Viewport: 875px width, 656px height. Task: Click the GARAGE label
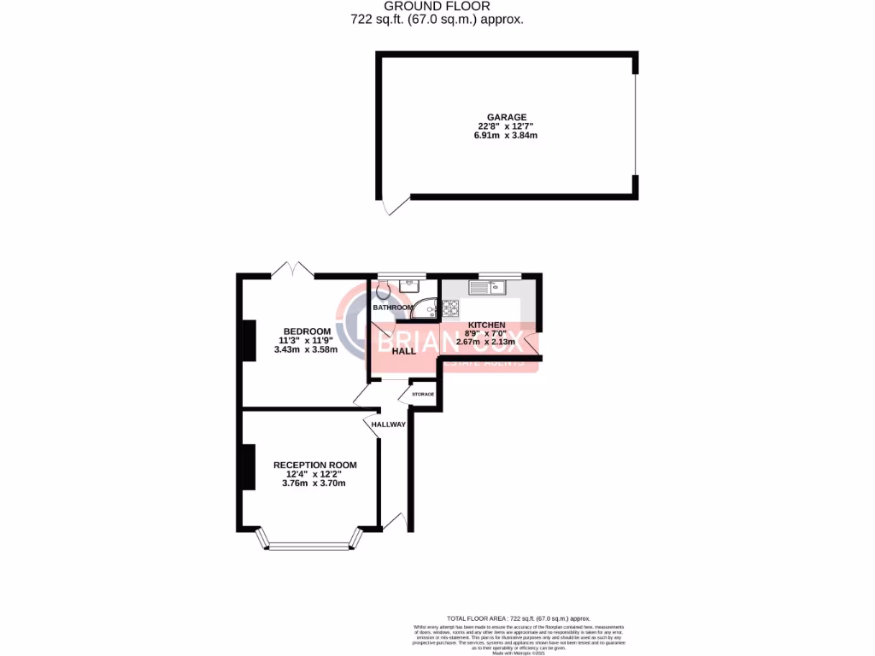507,117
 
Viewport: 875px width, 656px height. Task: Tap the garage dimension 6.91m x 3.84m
507,136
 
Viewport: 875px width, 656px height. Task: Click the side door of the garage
391,205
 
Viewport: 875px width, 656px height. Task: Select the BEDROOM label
307,331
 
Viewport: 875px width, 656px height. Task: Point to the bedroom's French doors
292,269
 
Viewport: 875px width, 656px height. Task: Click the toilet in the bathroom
380,291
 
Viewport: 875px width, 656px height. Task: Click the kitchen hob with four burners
450,308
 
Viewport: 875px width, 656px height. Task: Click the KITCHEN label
486,325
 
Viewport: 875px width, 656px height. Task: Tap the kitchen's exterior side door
532,343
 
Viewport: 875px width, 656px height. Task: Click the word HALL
404,350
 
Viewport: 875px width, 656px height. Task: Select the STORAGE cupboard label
423,394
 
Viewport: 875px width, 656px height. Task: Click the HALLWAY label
388,424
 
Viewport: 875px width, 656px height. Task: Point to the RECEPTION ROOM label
314,465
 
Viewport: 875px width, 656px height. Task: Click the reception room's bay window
309,542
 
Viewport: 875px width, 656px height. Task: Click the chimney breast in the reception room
249,466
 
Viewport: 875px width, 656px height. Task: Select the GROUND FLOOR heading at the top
437,6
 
